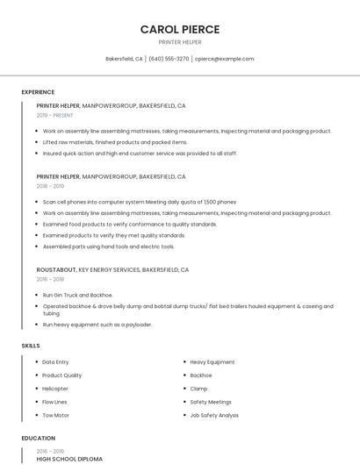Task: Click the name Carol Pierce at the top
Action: (x=180, y=29)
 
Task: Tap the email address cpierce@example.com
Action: (x=224, y=59)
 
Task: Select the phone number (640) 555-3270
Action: (x=169, y=59)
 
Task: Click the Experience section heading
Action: (x=38, y=92)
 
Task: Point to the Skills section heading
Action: (x=31, y=346)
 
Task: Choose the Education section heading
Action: (x=38, y=438)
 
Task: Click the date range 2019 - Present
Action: (x=55, y=115)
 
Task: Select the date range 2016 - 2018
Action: (x=50, y=279)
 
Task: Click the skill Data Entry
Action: (x=55, y=362)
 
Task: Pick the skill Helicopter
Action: (x=55, y=389)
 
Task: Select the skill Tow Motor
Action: (x=55, y=415)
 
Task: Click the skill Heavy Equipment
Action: (x=212, y=362)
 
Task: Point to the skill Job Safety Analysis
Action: (x=214, y=415)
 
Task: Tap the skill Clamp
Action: (x=198, y=389)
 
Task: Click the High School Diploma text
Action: (x=69, y=459)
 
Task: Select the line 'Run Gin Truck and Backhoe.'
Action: (x=78, y=295)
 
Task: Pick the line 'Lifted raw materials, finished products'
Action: (x=115, y=142)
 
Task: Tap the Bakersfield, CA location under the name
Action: (x=124, y=59)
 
